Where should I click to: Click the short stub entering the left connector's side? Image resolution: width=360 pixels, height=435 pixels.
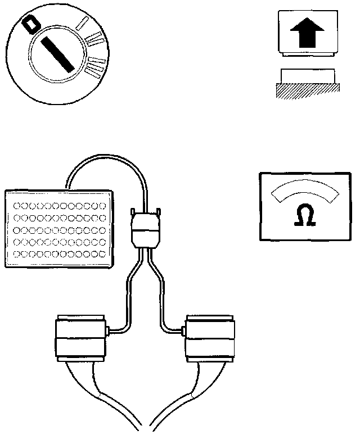(x=112, y=330)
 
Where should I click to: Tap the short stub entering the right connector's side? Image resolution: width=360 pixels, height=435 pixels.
(x=179, y=330)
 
